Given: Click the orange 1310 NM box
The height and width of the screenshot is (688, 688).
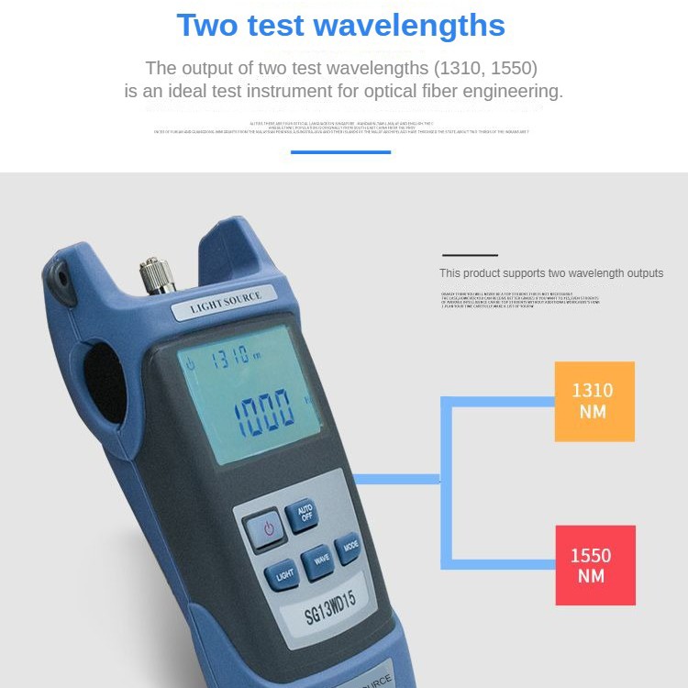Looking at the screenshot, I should (x=594, y=401).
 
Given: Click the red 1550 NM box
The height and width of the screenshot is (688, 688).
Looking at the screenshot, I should (x=594, y=565).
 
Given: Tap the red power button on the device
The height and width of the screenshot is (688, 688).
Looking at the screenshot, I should (x=267, y=528).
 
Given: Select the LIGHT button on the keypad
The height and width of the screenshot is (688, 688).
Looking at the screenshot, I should (x=285, y=574).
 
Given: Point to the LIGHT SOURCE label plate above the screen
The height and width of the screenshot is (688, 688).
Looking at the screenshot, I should (x=226, y=304).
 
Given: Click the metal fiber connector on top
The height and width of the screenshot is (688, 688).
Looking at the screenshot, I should (x=157, y=274).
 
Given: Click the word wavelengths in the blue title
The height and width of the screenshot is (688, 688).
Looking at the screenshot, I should (x=409, y=25).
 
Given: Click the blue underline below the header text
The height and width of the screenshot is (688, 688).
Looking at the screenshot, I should (x=340, y=152).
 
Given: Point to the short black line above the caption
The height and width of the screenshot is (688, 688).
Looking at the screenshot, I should (x=470, y=255).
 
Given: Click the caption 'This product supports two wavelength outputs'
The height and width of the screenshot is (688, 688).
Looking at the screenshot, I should (x=550, y=273).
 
